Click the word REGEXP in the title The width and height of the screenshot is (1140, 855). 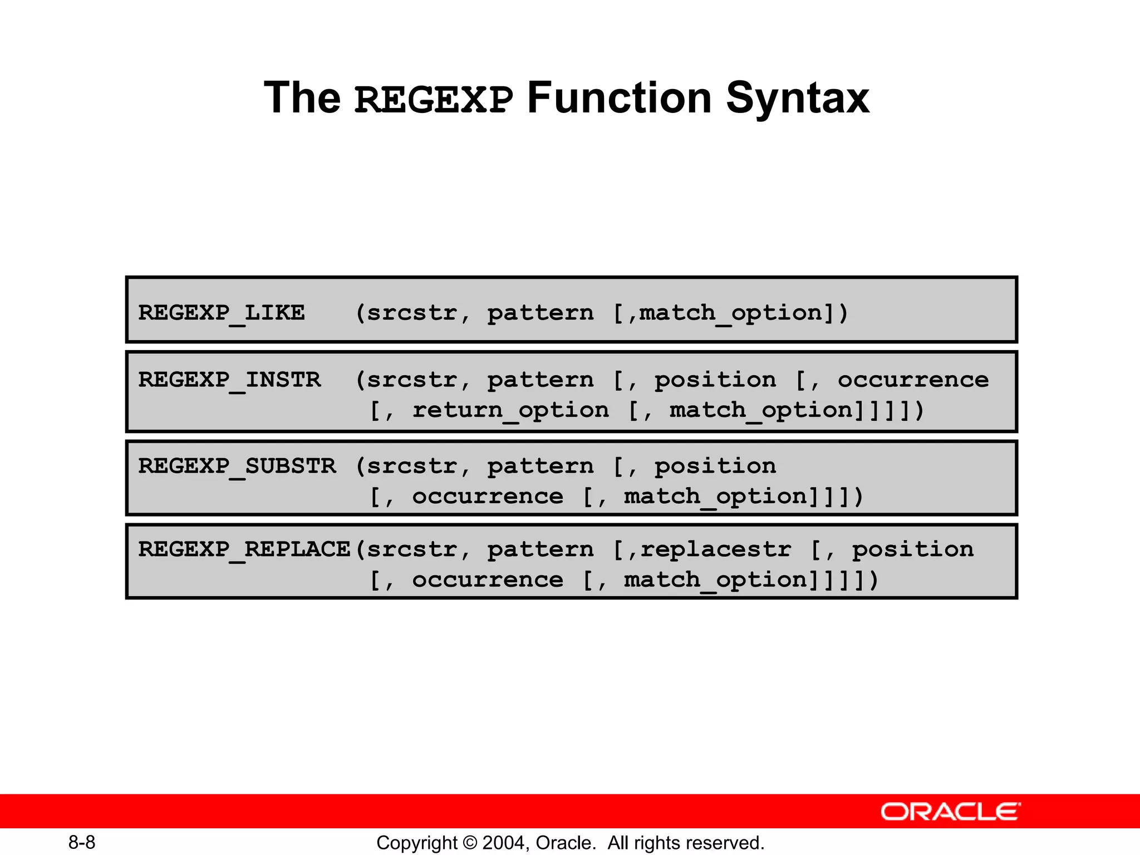coord(434,100)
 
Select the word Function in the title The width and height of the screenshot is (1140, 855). coord(619,99)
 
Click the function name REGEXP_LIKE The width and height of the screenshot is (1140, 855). coord(222,313)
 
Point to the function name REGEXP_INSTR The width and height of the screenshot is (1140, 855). coord(229,380)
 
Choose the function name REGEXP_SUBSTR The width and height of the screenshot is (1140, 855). coord(237,466)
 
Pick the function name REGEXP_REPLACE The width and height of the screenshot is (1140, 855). coord(244,550)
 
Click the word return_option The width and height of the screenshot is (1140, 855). coord(510,411)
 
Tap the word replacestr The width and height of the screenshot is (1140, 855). coord(715,550)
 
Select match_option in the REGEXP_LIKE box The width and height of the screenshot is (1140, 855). coord(731,313)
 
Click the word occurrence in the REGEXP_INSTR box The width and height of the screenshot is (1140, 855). coord(913,380)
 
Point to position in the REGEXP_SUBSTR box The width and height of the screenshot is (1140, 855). coord(715,466)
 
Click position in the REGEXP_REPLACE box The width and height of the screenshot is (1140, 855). coord(913,550)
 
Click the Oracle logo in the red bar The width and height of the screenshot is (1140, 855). coord(950,812)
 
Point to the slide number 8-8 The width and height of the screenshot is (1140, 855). coord(82,842)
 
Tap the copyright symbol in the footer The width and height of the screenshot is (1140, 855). coord(470,843)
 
